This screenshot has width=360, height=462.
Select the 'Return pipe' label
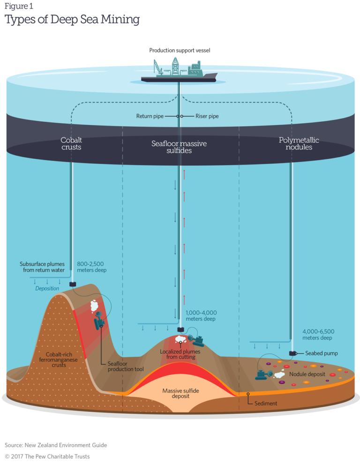tap(150, 116)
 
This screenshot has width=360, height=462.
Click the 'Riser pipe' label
tap(207, 116)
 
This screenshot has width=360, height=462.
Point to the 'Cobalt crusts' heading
tap(71, 143)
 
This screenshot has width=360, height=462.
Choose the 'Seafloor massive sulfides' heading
tap(179, 147)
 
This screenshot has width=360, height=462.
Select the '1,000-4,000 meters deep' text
tap(201, 315)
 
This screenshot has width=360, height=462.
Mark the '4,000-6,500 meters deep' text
tap(318, 335)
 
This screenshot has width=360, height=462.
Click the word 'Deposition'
tap(47, 289)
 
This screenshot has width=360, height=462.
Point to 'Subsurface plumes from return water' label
tap(42, 267)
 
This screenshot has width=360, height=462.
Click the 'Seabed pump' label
tap(321, 353)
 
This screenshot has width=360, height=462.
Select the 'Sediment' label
tap(266, 403)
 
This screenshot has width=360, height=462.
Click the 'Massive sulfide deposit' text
tap(179, 393)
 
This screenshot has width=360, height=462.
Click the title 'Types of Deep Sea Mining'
tap(72, 20)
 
